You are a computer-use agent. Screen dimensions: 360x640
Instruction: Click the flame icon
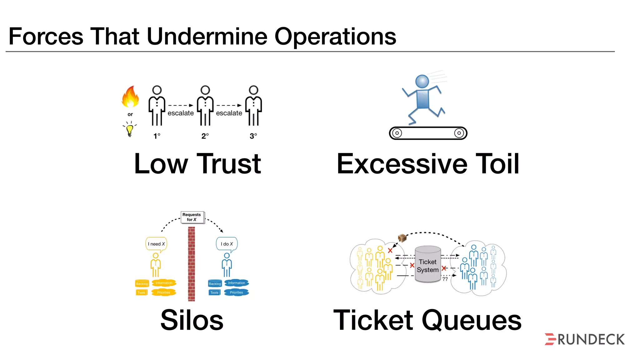[130, 97]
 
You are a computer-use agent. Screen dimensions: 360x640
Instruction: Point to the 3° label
[253, 136]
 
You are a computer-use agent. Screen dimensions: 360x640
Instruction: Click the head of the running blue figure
[422, 81]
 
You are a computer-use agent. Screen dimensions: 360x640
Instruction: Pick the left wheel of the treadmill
[397, 133]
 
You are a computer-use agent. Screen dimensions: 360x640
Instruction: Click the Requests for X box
[192, 217]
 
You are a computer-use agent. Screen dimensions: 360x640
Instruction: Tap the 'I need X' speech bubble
[156, 244]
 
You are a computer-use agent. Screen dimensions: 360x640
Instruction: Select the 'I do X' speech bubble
[227, 244]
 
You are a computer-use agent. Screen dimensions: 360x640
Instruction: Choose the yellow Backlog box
[142, 284]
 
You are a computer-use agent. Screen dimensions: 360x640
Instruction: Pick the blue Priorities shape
[236, 292]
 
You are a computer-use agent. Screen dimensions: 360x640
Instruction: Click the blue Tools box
[214, 292]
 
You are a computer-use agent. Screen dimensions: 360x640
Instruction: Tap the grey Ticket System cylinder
[428, 264]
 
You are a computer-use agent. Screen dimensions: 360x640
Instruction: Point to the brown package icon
[402, 238]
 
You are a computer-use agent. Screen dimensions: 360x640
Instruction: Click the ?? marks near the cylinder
[445, 279]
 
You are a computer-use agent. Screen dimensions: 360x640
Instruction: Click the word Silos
[192, 320]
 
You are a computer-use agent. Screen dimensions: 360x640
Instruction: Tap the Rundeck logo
[585, 339]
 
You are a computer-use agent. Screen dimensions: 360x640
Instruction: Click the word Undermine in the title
[207, 36]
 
